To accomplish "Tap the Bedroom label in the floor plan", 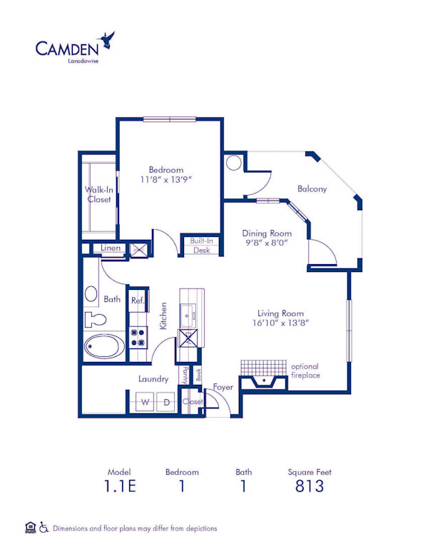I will click(x=165, y=169).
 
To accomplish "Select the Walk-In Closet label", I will click(x=98, y=194).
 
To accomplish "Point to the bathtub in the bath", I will click(x=103, y=348).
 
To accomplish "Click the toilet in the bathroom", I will click(x=93, y=318).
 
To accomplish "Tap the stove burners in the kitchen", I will click(x=138, y=336).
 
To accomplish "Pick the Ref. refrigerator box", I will click(x=137, y=301).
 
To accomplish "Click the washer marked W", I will click(x=146, y=403).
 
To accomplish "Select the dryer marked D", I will click(x=166, y=403).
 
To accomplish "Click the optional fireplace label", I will click(x=305, y=371).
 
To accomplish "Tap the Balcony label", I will click(x=312, y=188).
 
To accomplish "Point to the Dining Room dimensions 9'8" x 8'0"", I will click(x=267, y=241).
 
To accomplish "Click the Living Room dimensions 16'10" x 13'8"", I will click(x=280, y=323).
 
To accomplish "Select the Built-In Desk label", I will click(x=201, y=246).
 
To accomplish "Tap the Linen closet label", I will click(x=111, y=248).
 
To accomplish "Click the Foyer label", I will click(x=223, y=387).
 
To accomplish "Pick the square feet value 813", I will click(x=309, y=487).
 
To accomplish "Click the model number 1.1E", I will click(x=118, y=487).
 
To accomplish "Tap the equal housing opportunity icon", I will click(x=30, y=528).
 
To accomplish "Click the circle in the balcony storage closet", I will click(x=234, y=163).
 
